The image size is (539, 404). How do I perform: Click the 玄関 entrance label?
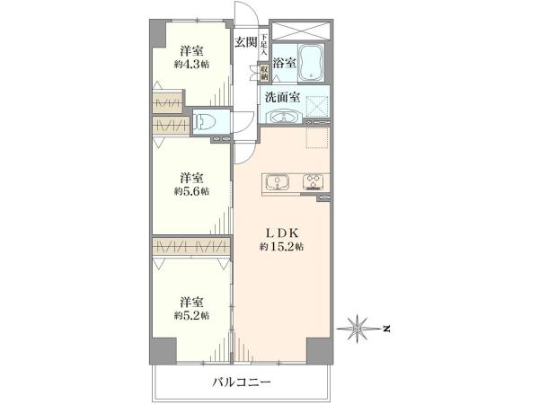(246, 42)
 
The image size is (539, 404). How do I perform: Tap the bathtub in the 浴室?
(311, 63)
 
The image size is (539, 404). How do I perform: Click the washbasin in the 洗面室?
(284, 117)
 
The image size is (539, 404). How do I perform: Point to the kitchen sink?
(278, 183)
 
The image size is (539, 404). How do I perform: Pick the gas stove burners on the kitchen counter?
(314, 181)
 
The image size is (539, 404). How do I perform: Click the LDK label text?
(281, 233)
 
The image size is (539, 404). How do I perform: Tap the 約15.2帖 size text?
(281, 247)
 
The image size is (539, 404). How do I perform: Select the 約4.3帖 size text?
(191, 65)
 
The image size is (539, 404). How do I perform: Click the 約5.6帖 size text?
(191, 191)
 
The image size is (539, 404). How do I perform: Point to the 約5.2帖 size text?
(191, 315)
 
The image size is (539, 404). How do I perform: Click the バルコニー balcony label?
(242, 382)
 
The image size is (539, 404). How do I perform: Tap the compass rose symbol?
(358, 329)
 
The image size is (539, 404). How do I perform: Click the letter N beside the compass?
(386, 329)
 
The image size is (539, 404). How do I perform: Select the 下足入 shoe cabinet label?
(263, 44)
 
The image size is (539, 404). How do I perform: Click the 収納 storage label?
(264, 73)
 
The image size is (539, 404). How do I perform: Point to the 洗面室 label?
(282, 98)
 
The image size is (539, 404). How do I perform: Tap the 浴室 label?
(284, 63)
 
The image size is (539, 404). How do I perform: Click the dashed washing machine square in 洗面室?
(317, 107)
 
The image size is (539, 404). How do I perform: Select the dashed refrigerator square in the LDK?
(317, 137)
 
